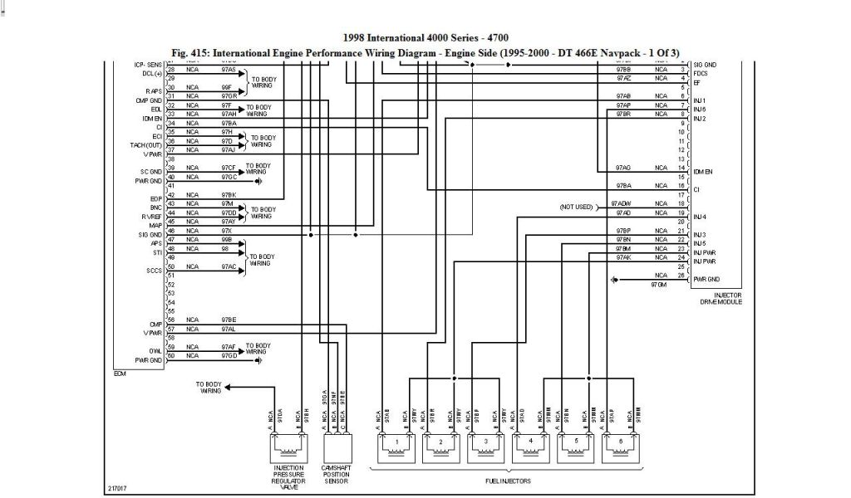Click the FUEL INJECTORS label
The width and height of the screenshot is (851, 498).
point(508,481)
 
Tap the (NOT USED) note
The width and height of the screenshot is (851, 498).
point(576,206)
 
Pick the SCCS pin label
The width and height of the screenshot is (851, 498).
point(155,271)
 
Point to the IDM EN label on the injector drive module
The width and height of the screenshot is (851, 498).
point(703,171)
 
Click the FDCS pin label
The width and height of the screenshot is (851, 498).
point(701,73)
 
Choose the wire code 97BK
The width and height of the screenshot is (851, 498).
point(229,194)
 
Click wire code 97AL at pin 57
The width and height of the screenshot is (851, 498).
point(229,329)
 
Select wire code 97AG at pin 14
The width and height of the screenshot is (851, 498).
point(622,167)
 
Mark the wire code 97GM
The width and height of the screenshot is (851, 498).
point(659,285)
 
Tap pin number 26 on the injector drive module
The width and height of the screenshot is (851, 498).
point(681,275)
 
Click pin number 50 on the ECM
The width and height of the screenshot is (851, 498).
point(171,266)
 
